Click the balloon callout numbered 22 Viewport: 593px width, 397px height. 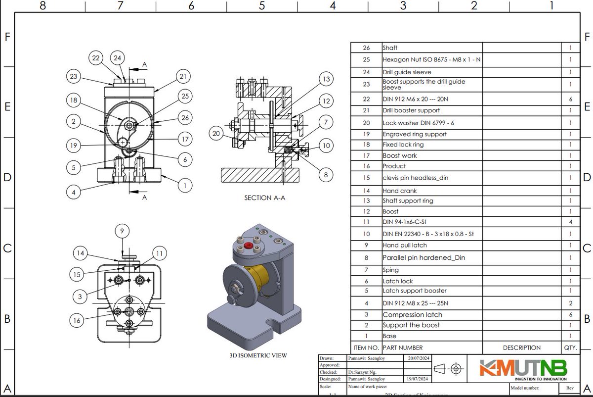96,58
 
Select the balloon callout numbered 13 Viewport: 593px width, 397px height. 325,79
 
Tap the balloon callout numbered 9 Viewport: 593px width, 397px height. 123,231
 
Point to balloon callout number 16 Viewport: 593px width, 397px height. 77,320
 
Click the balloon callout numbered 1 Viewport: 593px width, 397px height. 184,186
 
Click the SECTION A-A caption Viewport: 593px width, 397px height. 265,198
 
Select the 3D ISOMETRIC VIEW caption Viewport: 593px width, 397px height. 258,355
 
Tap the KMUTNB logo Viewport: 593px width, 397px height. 523,369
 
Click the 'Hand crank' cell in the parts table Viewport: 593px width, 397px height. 400,191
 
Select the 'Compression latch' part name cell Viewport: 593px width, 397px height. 412,314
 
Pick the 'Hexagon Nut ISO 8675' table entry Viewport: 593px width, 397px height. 431,59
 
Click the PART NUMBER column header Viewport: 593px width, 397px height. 403,347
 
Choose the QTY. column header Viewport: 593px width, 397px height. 570,347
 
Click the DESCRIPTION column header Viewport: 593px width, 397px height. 521,347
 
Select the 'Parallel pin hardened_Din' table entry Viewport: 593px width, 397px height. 424,257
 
